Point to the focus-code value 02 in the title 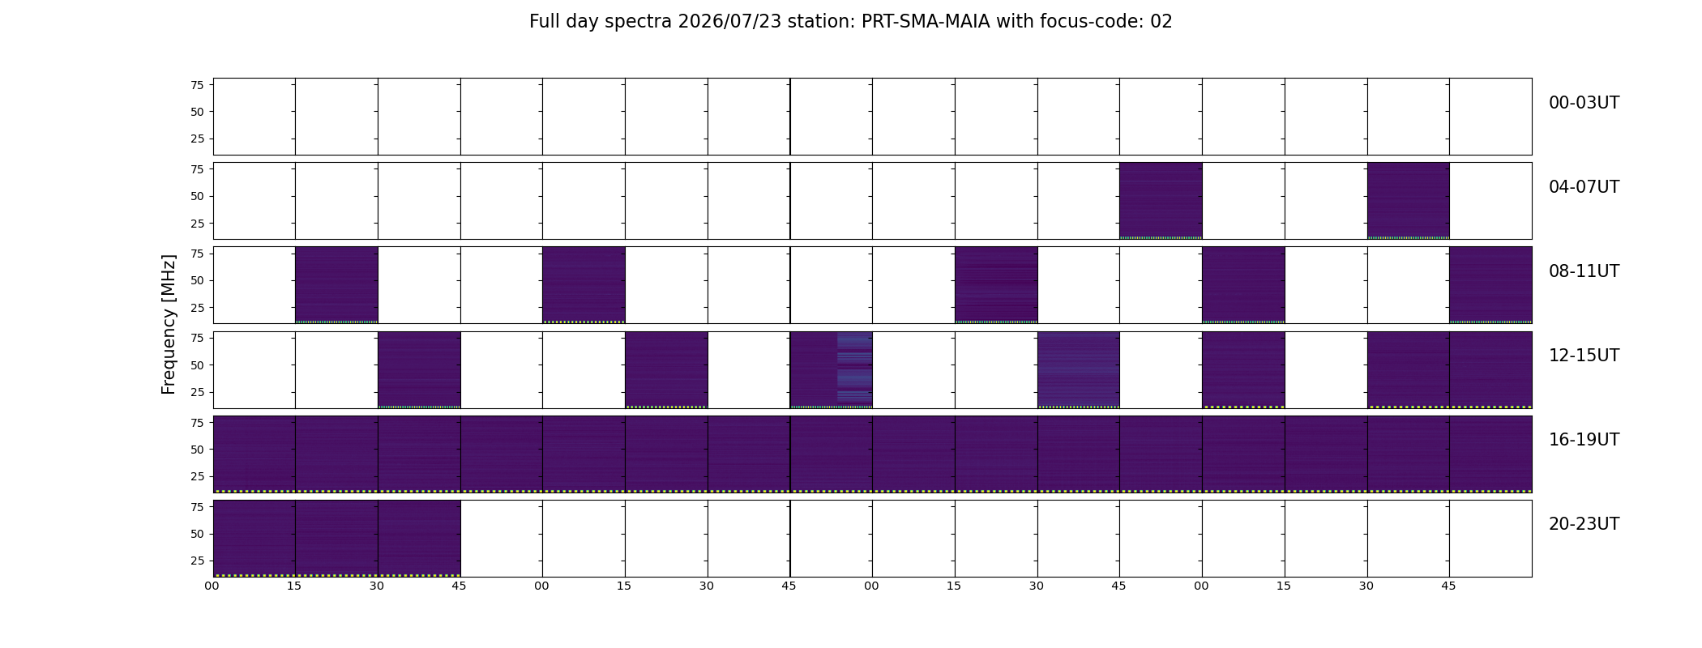pos(1161,22)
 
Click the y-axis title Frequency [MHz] pos(169,325)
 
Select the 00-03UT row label pos(1584,103)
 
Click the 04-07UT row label pos(1584,187)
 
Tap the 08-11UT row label pos(1584,271)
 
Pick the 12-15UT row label pos(1584,356)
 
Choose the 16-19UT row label pos(1584,440)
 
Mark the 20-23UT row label pos(1584,524)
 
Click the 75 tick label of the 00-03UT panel pos(197,85)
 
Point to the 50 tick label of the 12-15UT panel pos(197,365)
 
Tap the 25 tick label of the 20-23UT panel pos(197,561)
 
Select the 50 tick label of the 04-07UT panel pos(197,197)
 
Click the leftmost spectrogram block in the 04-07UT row pos(1161,201)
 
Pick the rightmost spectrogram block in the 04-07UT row pos(1409,201)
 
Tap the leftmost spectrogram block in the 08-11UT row pos(336,285)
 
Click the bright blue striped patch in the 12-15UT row pos(855,369)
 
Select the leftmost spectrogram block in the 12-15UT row pos(419,369)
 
